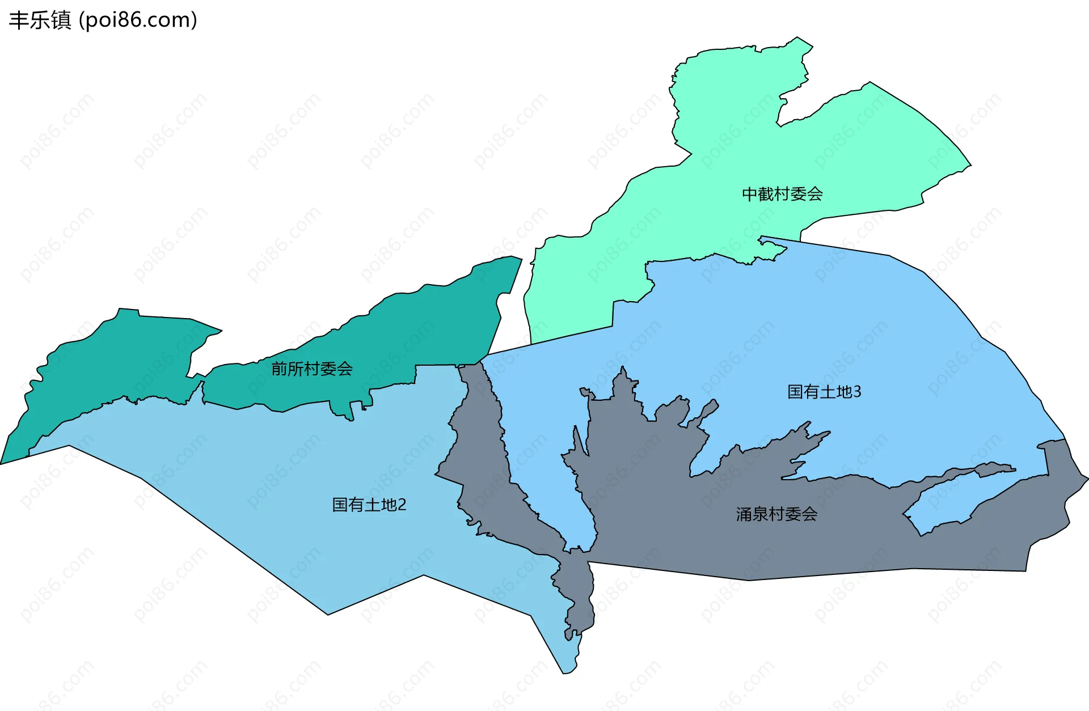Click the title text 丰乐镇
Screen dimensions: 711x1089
40,20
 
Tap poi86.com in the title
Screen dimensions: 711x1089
138,20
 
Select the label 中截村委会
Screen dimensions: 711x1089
782,194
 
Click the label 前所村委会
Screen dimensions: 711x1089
312,369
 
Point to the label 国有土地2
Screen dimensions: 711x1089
369,505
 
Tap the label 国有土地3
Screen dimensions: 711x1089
824,392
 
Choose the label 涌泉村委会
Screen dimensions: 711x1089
776,514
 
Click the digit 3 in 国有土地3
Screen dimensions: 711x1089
857,392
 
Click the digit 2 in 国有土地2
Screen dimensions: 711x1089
402,505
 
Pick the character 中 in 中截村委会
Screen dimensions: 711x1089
750,194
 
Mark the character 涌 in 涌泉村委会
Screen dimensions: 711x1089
744,514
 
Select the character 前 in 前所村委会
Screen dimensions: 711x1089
279,369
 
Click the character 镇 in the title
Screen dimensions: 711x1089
61,20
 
